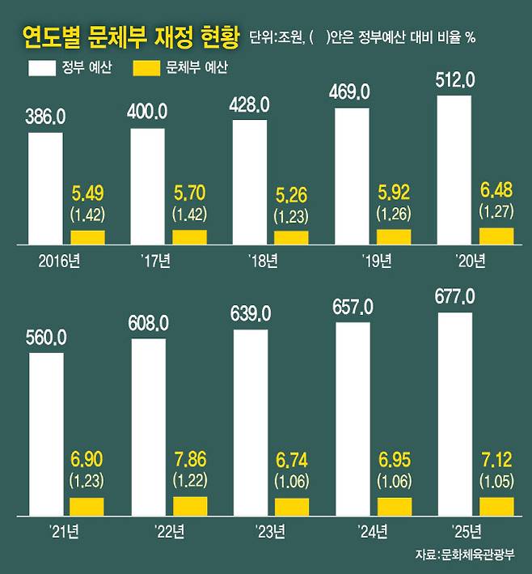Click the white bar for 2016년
click(45, 187)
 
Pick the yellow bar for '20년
click(496, 236)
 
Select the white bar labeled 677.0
click(454, 413)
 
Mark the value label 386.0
click(46, 117)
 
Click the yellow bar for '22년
click(190, 506)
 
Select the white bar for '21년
click(45, 434)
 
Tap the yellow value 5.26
click(292, 198)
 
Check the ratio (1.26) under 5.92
click(394, 215)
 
